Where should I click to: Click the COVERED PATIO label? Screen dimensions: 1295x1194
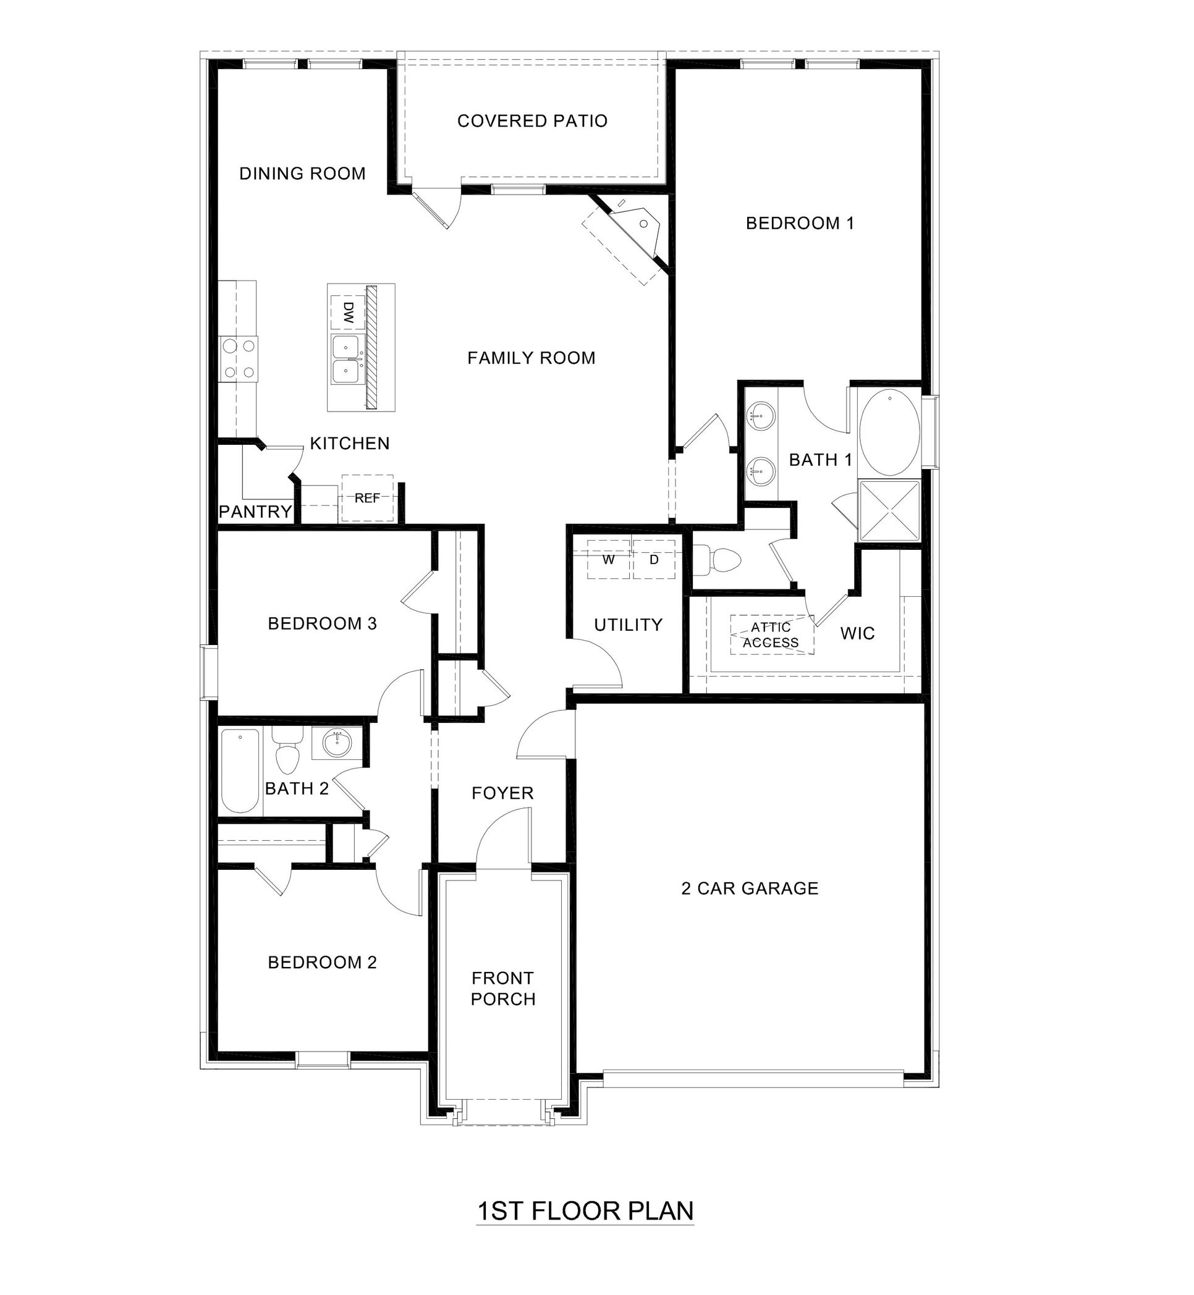coord(531,120)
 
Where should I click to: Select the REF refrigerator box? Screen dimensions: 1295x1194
coord(367,498)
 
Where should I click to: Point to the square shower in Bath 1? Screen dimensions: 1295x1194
coord(889,511)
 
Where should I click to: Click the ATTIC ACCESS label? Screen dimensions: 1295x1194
coord(771,635)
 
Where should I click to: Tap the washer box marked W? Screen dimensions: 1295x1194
coord(608,559)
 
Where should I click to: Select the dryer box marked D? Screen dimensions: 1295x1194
coord(654,559)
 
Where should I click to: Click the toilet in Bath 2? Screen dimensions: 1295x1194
coord(287,753)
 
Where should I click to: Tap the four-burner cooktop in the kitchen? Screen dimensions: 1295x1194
coord(238,358)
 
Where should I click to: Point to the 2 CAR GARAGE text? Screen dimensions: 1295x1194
coord(750,888)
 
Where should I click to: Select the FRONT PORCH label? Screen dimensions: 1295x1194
coord(502,988)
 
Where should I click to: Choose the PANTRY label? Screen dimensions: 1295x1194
coord(255,512)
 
